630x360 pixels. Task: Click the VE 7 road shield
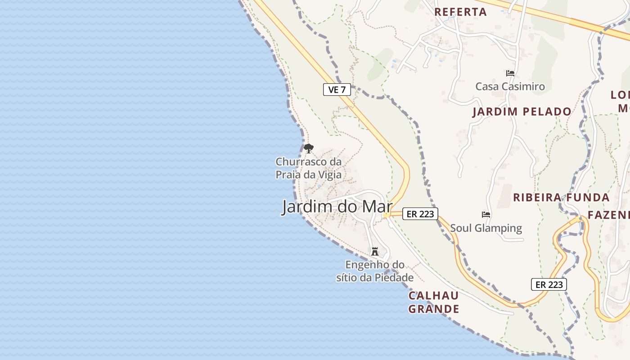337,90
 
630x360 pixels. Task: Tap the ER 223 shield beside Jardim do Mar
420,214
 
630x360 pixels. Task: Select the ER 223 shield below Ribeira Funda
549,284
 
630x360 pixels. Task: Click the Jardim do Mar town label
337,207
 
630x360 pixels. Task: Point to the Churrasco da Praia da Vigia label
309,168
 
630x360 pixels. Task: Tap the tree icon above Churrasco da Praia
308,148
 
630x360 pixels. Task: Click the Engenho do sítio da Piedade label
375,271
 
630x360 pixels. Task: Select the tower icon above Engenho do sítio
375,251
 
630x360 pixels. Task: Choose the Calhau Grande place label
433,302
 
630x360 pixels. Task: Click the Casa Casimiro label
510,86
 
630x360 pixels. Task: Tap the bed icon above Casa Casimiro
510,73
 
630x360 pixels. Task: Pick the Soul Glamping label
486,228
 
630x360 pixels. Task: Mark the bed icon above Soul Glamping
486,214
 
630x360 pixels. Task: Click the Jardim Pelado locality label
522,112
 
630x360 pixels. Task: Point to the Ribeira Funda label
562,197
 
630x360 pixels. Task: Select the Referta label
460,12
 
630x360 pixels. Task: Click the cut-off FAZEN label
608,214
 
